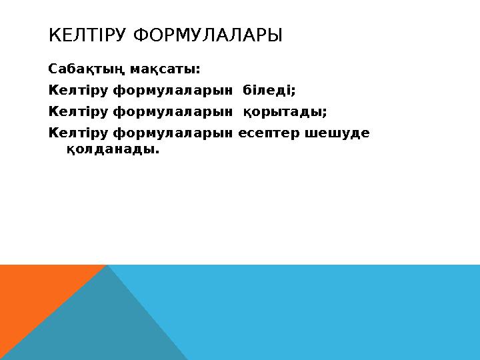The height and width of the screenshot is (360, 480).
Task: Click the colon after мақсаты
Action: (x=198, y=69)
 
